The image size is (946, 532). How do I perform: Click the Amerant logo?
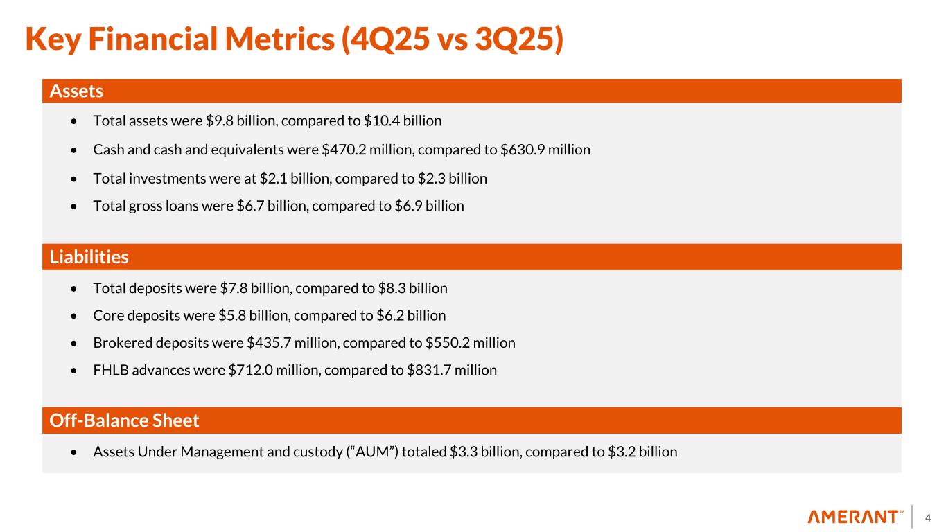point(855,517)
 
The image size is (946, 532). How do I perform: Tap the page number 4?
point(928,517)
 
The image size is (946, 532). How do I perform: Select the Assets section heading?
point(76,91)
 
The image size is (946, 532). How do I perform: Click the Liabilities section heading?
point(89,257)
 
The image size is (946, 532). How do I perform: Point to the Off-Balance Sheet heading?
point(125,420)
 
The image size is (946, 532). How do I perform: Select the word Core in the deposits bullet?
point(107,315)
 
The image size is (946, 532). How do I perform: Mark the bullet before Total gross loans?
point(75,206)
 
